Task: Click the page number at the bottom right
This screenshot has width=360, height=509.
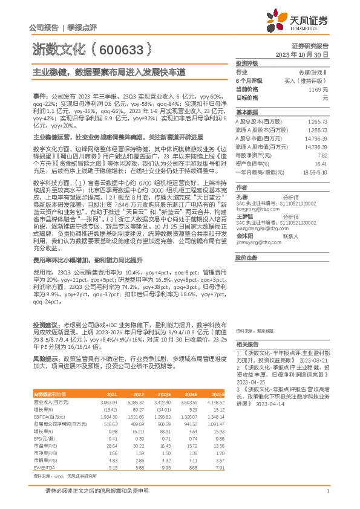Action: point(327,491)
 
